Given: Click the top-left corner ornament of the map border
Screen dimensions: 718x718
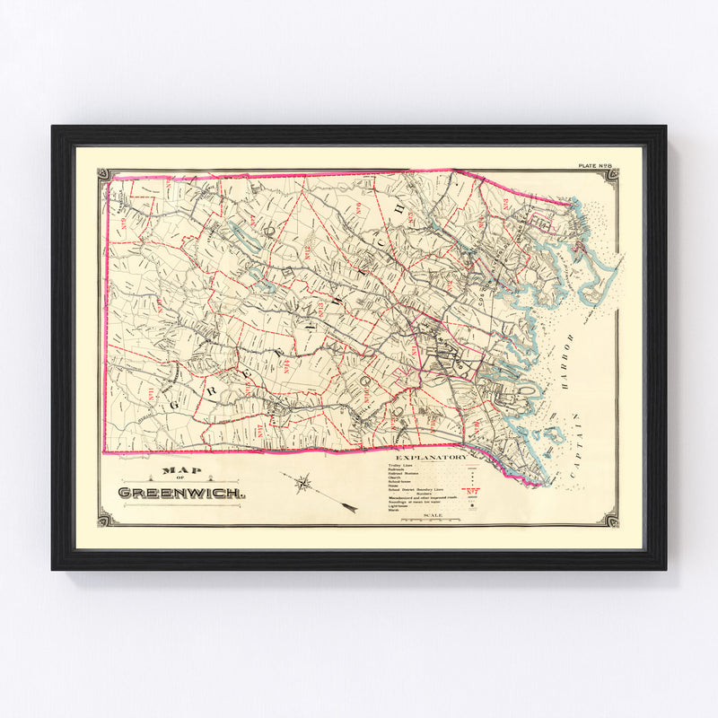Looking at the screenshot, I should coord(104,174).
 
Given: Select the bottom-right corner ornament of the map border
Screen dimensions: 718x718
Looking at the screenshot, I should coord(611,518).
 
